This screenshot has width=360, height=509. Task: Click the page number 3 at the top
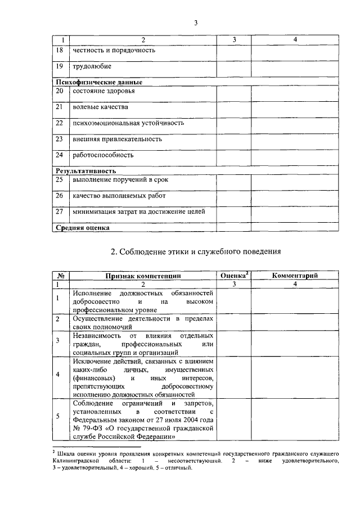[x=196, y=23]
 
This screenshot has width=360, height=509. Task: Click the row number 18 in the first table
[x=60, y=50]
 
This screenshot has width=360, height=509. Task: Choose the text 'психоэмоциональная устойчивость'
[x=128, y=123]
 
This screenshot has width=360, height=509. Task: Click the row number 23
[x=60, y=138]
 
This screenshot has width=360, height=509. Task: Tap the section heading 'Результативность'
[x=85, y=170]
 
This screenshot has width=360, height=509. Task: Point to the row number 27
[x=60, y=211]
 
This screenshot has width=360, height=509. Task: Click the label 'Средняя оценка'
[x=82, y=228]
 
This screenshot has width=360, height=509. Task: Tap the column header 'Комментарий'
[x=295, y=276]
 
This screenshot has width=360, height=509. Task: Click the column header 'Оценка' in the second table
[x=232, y=276]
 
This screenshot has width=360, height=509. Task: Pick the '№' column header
[x=61, y=276]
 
